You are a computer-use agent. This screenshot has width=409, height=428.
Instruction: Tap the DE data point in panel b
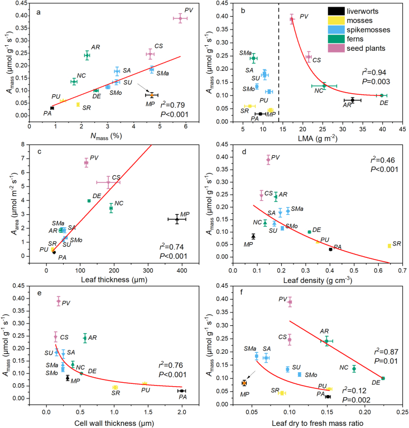[x=382, y=95]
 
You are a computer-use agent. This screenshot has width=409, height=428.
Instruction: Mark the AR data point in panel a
[x=87, y=55]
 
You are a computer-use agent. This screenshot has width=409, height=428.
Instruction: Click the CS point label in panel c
[x=116, y=177]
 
